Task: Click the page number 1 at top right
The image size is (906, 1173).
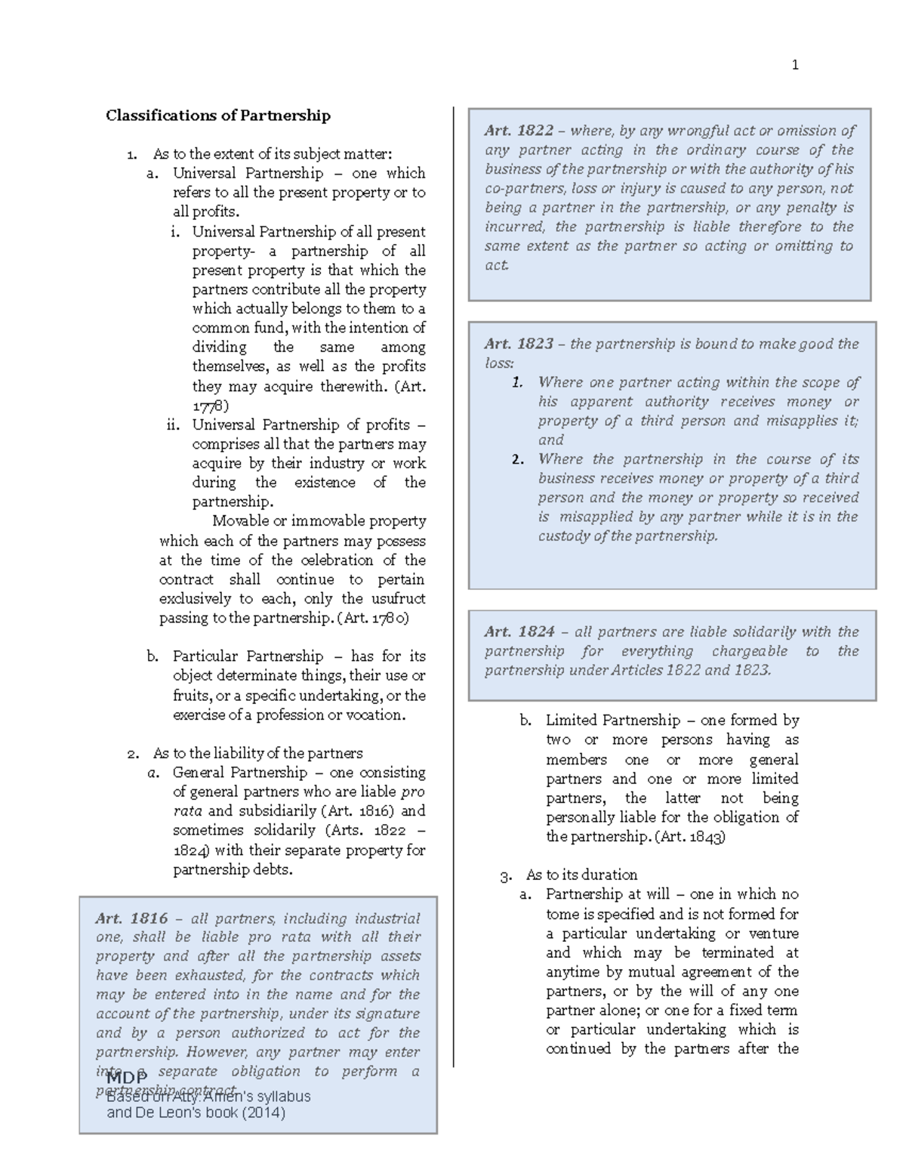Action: (x=794, y=65)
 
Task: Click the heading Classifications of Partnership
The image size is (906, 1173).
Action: (x=217, y=116)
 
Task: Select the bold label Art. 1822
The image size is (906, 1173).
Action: (x=519, y=131)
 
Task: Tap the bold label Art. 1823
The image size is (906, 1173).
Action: (x=519, y=344)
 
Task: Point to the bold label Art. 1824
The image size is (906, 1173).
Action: (x=519, y=631)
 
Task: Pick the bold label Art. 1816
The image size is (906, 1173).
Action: (x=131, y=918)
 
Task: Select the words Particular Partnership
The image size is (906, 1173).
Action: (x=248, y=656)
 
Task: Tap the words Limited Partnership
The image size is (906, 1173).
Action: (x=612, y=720)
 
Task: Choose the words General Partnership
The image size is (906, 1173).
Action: (x=239, y=772)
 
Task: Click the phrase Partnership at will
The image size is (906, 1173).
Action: (x=607, y=894)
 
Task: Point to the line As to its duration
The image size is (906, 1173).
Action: (x=581, y=875)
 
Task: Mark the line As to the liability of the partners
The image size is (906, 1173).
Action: (x=257, y=753)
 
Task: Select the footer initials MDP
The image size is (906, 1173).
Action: (x=127, y=1076)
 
